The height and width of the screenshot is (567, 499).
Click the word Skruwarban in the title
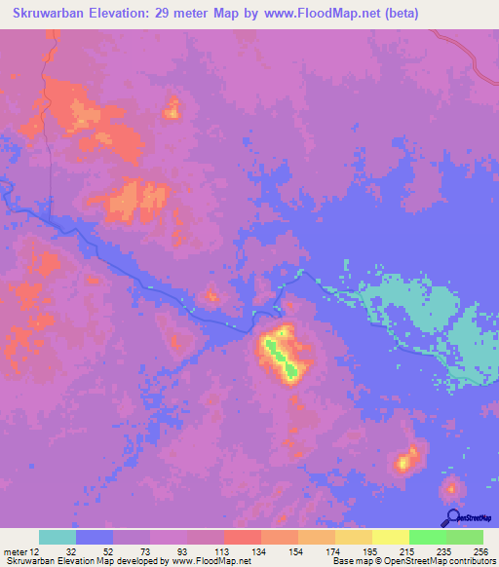50,15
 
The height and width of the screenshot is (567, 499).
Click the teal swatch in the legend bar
58,537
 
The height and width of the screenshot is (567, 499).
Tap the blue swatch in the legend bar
95,537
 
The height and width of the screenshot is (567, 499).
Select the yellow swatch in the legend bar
390,537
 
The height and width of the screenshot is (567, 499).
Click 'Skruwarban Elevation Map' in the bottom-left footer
54,561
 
